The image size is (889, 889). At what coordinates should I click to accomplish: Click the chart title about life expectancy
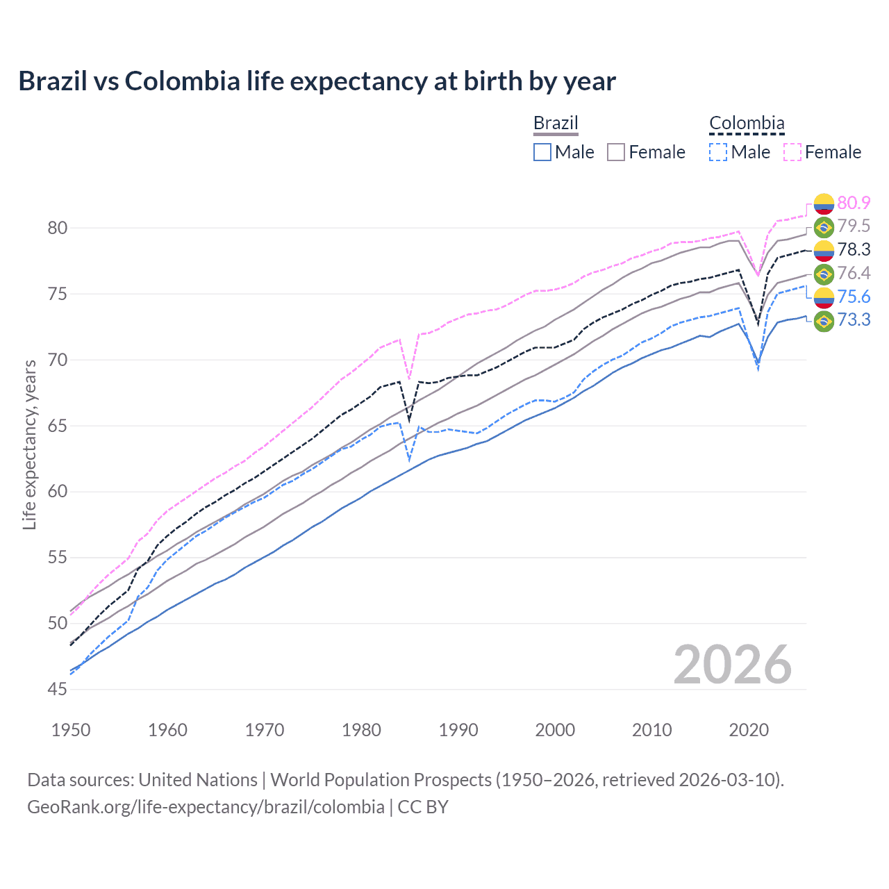tap(317, 81)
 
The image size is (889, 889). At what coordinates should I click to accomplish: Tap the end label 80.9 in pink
tap(854, 203)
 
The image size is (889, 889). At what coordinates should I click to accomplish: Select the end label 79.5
tap(854, 226)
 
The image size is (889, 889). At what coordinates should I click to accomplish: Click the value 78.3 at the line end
tap(854, 249)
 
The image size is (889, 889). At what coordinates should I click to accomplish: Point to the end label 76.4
tap(854, 273)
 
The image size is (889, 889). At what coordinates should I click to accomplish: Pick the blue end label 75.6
tap(854, 297)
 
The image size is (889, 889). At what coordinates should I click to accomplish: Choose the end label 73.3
tap(854, 319)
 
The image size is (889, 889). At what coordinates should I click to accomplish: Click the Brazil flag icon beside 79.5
tap(824, 226)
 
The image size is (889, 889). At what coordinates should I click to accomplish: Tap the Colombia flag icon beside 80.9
tap(824, 203)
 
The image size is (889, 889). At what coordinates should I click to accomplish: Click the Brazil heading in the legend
tap(556, 124)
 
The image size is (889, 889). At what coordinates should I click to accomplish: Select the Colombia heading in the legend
tap(747, 124)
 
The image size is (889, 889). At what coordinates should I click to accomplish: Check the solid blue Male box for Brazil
tap(542, 152)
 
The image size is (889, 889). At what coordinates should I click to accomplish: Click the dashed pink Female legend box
tap(792, 152)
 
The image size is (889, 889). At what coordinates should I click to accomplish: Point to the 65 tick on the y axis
tap(58, 426)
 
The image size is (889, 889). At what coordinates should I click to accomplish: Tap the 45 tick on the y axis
tap(58, 689)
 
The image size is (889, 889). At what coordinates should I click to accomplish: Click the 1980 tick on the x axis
tap(361, 730)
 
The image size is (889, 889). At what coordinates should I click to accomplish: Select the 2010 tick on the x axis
tap(651, 730)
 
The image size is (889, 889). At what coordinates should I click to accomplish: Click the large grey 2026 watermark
tap(733, 665)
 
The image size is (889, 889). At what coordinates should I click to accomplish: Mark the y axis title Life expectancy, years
tap(29, 444)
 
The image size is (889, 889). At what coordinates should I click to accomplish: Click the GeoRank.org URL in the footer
tap(206, 807)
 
